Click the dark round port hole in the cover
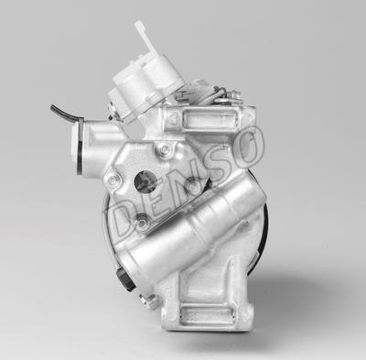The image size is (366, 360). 145,181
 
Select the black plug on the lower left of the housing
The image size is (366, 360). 125,279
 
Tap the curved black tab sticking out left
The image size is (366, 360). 65,112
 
